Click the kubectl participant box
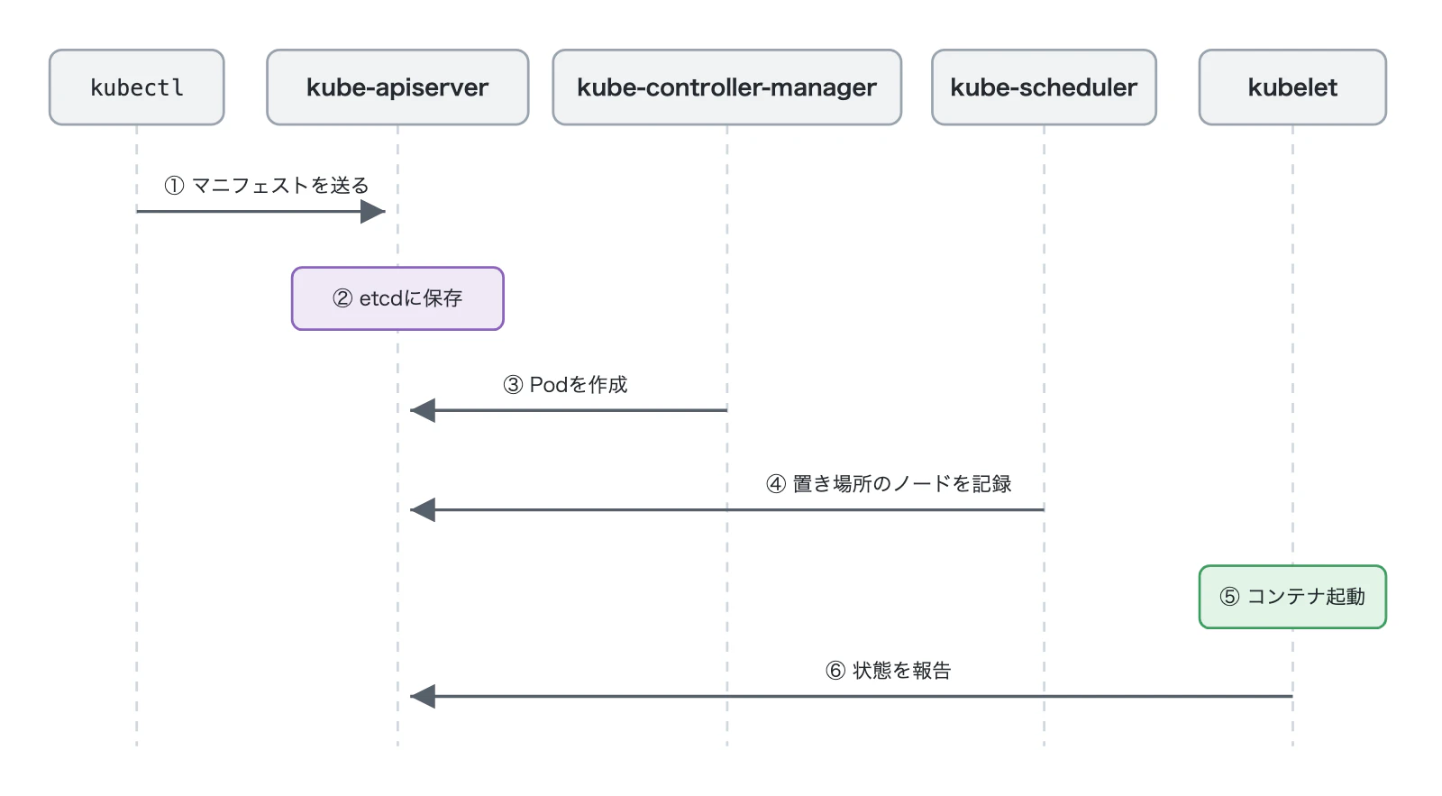[136, 87]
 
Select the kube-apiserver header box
[397, 87]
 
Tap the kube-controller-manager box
[726, 87]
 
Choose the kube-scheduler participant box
[1044, 87]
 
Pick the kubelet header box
[1292, 87]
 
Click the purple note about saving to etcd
[397, 298]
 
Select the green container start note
[1292, 597]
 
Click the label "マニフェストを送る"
[280, 186]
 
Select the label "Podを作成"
[578, 385]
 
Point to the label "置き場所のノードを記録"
[902, 484]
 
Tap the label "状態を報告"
[902, 671]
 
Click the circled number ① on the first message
[174, 186]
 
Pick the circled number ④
[776, 484]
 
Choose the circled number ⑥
[835, 671]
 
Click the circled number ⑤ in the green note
[1229, 597]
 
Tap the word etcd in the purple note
[381, 298]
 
